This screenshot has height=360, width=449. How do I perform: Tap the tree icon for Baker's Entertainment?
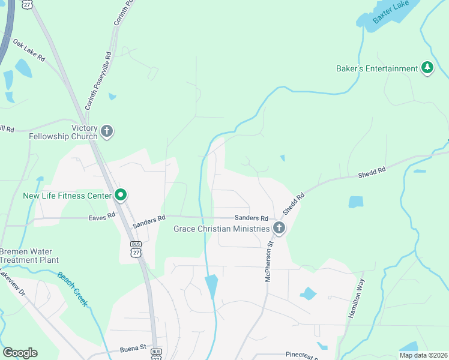[427, 68]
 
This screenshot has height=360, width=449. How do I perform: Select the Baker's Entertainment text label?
[376, 68]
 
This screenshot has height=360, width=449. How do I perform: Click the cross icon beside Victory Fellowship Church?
[107, 132]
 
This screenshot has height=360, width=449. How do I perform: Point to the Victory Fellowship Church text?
[63, 132]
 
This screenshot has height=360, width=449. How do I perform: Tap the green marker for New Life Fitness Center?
[121, 196]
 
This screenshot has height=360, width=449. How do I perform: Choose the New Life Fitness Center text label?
[67, 196]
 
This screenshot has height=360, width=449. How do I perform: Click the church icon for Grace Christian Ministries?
[279, 228]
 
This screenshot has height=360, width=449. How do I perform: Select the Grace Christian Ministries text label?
[221, 229]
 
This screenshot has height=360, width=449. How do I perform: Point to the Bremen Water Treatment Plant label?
[29, 256]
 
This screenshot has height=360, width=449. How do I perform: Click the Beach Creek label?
[73, 289]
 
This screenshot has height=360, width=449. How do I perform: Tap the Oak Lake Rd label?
[29, 50]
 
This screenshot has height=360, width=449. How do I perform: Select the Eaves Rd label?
[102, 215]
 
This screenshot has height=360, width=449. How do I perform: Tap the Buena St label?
[133, 347]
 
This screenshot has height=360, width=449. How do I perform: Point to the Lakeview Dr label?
[12, 278]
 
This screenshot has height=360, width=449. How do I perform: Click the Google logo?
[20, 353]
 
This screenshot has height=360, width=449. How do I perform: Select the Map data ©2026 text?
[422, 355]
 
